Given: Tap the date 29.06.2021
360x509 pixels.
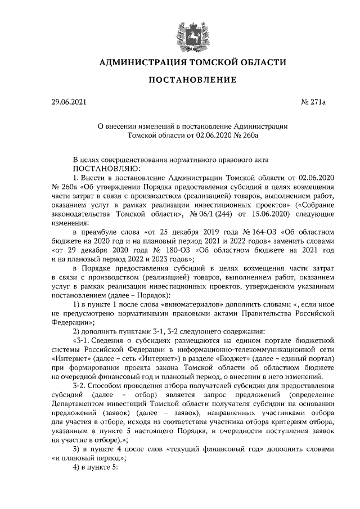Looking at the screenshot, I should click(69, 103).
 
